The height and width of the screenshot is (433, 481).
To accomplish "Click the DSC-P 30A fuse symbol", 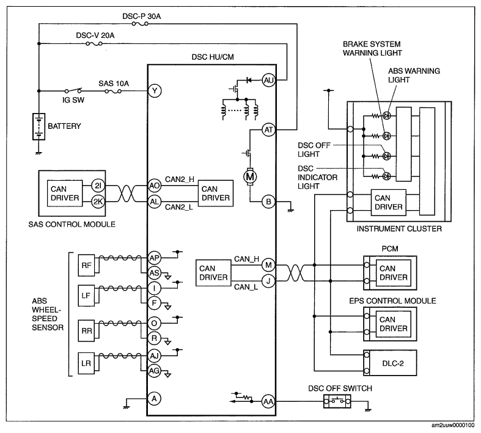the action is (140, 24).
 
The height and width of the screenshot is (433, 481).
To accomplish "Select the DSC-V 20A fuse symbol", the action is (94, 44).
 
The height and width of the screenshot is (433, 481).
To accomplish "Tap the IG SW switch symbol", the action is (73, 90).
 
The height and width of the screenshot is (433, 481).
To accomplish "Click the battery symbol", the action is (39, 126).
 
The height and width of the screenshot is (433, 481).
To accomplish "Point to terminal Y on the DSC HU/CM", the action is (155, 91).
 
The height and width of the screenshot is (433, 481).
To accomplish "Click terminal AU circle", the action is (268, 80).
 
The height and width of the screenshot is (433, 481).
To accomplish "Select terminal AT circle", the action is (268, 129).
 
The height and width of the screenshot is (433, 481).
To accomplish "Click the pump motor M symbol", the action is (250, 176).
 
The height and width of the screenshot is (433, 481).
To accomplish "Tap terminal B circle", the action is (268, 202).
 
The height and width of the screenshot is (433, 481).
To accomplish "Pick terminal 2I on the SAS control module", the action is (98, 186).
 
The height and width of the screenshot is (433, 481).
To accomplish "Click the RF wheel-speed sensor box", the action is (86, 266).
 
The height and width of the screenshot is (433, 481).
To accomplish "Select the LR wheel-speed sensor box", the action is (86, 363).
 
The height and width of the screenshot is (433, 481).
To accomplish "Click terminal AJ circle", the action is (154, 356).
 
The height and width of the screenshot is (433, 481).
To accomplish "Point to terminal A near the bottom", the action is (154, 398).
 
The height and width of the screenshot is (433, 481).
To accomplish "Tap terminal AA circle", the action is (268, 401).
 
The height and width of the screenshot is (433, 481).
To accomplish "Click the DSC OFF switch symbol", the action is (337, 401).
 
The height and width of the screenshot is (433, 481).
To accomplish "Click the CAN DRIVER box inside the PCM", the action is (393, 273).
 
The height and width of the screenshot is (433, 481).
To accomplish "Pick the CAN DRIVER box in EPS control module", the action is (393, 324).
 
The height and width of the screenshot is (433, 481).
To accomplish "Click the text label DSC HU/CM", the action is (213, 57).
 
